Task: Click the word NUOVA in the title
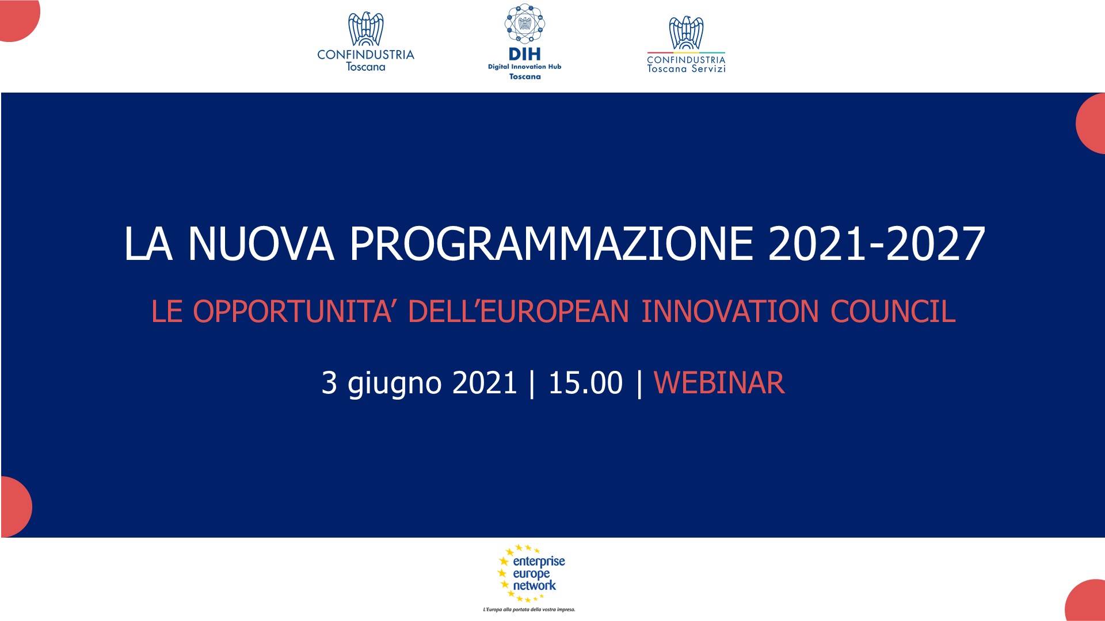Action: pos(261,244)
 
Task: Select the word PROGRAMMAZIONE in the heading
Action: pos(551,244)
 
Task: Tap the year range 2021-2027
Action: pos(877,244)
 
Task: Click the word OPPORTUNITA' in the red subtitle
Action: pos(292,311)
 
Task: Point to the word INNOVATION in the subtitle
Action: pos(730,311)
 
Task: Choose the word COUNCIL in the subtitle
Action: pos(893,311)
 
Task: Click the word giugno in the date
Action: pos(395,384)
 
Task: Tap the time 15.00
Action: pos(585,383)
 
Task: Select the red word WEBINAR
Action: pos(719,383)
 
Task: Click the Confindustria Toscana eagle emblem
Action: pos(365,29)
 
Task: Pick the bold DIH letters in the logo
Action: pos(524,54)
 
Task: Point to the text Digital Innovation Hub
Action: pos(524,67)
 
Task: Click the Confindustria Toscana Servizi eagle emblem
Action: pos(686,33)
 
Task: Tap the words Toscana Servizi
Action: pos(686,69)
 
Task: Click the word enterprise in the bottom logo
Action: pos(539,561)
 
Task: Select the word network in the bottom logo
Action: pos(534,585)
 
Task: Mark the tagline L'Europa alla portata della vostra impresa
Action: pos(529,609)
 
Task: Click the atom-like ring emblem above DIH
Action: pos(524,24)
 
